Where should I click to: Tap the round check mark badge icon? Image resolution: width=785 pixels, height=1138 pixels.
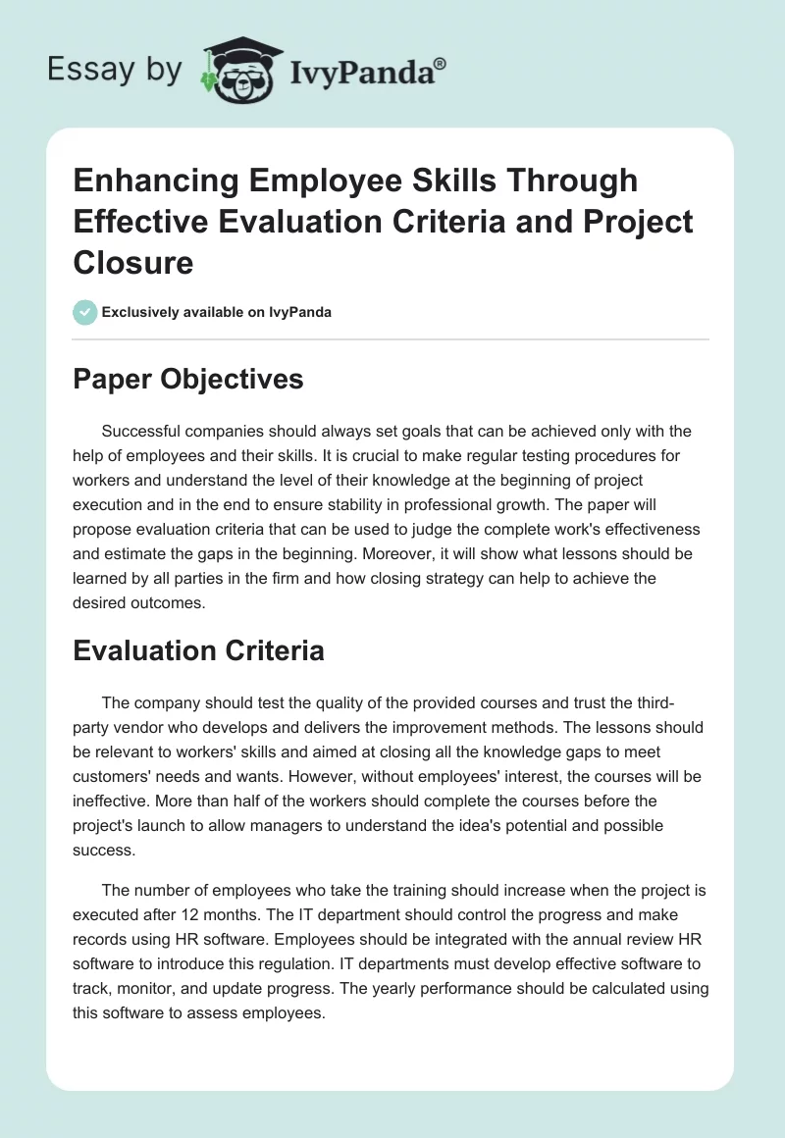coord(84,312)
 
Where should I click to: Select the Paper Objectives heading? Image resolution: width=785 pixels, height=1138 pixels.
coord(188,379)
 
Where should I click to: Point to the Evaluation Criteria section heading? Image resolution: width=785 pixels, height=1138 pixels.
coord(199,649)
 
